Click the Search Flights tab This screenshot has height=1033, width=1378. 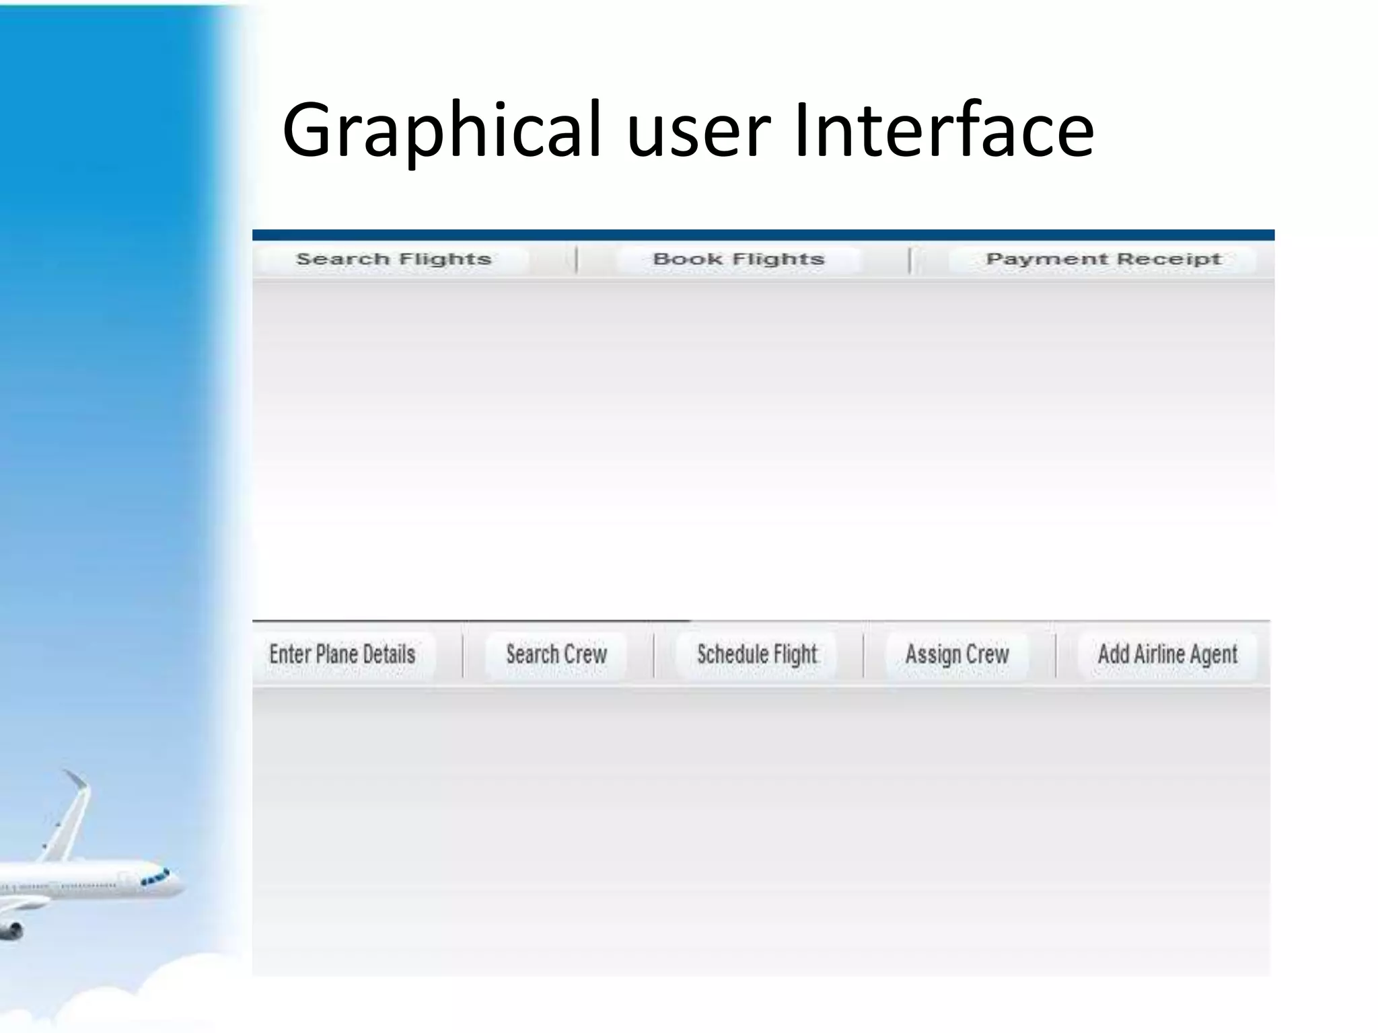(x=393, y=260)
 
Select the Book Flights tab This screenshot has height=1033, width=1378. (x=738, y=260)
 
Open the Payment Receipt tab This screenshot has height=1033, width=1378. (x=1103, y=260)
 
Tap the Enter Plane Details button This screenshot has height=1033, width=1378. (x=342, y=654)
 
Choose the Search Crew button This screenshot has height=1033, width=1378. (x=556, y=654)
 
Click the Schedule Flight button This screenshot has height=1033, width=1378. (x=757, y=654)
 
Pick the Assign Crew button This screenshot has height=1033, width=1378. (x=957, y=654)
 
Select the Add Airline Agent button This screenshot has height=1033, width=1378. (x=1167, y=654)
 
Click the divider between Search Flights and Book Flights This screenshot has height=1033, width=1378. (x=577, y=260)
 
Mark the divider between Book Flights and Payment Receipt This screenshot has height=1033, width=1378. (x=910, y=260)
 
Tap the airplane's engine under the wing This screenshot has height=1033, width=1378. (x=11, y=931)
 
